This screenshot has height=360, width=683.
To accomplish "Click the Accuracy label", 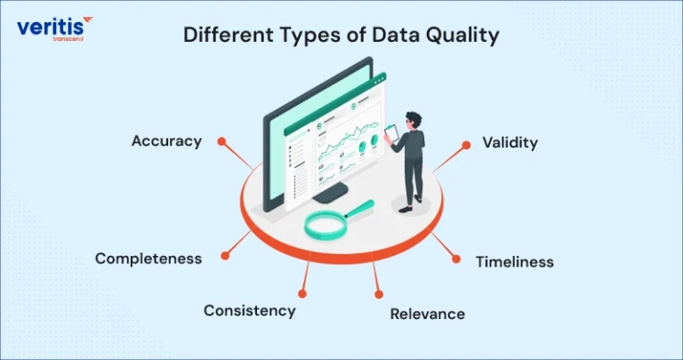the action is click(166, 142).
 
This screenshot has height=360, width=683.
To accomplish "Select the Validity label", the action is click(510, 143).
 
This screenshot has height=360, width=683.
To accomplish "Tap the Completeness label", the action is click(149, 259).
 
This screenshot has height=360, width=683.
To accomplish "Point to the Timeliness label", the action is click(514, 262).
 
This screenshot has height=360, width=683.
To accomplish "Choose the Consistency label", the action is click(250, 311).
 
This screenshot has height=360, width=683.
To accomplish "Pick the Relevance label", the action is click(427, 314).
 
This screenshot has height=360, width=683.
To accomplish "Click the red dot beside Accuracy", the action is click(221, 141).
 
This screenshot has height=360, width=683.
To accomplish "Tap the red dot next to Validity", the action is click(466, 145).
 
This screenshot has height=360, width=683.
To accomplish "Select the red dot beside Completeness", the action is click(225, 255).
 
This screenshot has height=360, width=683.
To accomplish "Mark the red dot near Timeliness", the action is click(456, 259).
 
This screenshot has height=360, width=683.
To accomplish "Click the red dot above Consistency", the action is click(302, 294).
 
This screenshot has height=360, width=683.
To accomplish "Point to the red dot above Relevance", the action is click(379, 295).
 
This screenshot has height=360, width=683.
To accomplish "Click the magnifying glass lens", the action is click(325, 224).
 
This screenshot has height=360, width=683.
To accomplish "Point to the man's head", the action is click(413, 120).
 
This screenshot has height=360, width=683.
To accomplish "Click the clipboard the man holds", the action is click(391, 133).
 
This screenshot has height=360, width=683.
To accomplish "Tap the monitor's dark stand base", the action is click(330, 192).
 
